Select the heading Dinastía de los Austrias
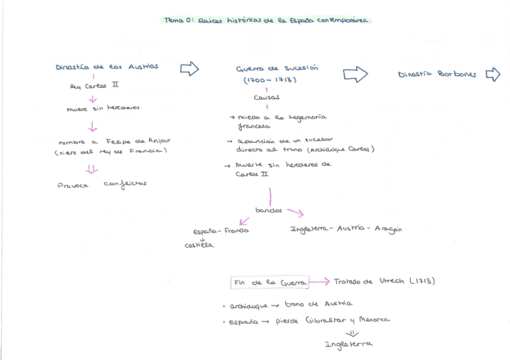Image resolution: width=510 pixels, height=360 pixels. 107,67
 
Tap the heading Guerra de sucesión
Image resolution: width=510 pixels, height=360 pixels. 277,69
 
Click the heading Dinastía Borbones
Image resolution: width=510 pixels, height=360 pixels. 437,75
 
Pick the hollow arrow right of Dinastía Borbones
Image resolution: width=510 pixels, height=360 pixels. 493,75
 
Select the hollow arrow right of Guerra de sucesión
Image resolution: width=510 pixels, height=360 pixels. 355,75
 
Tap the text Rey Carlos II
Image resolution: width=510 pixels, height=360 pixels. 94,86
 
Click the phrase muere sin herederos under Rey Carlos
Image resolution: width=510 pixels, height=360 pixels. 103,109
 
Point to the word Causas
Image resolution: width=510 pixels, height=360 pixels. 266,97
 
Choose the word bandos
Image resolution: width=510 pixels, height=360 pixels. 268,211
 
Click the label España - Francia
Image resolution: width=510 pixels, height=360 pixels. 221,231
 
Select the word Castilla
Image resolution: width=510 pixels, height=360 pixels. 199,245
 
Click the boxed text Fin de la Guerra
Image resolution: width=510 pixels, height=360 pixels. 270,282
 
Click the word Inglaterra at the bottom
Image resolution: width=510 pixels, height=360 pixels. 348,344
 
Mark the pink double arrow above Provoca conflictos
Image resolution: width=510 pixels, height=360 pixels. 92,169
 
